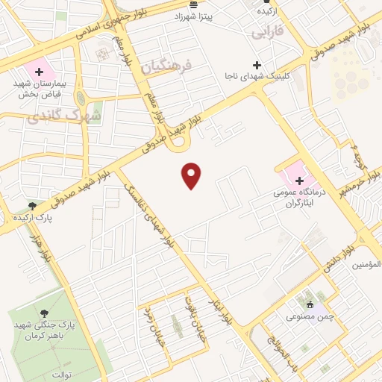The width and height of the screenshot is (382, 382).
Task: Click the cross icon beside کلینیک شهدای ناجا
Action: coord(257,64)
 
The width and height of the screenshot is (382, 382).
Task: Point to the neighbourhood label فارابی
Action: coord(266,34)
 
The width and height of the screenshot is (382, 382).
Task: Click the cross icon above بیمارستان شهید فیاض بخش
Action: coord(39,72)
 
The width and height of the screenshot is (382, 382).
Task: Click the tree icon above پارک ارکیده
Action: coord(32,205)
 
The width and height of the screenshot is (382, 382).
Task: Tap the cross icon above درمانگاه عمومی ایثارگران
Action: coord(299,181)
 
